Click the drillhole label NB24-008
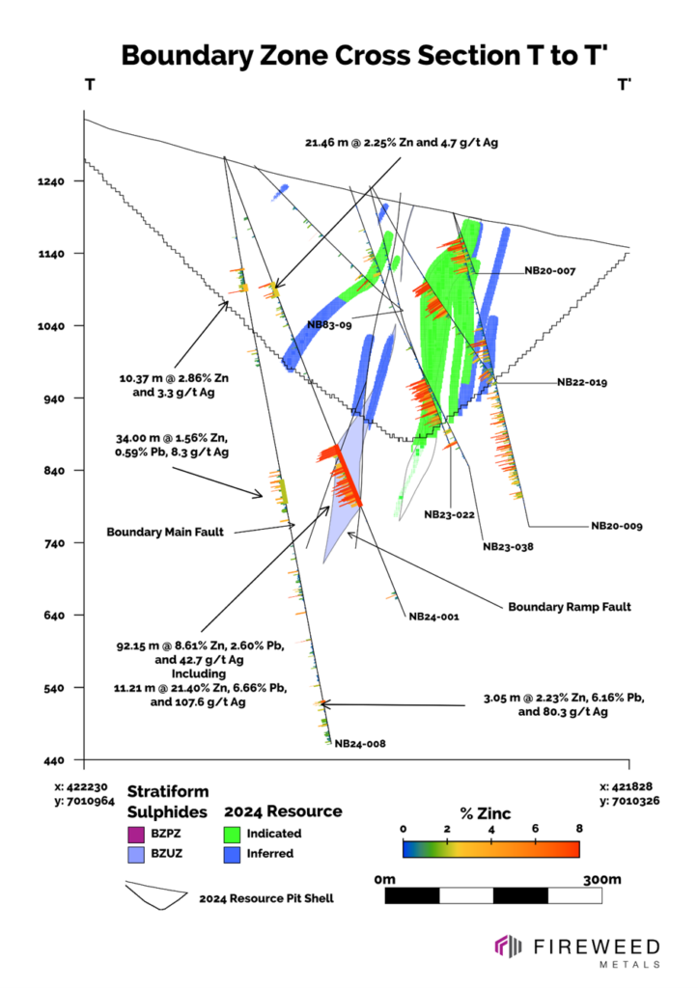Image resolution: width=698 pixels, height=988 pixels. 360,744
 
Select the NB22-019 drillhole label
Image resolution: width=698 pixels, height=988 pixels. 582,382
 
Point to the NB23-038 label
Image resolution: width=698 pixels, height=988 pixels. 509,546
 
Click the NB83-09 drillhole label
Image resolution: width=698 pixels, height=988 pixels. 329,325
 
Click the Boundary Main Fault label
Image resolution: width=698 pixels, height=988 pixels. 166,532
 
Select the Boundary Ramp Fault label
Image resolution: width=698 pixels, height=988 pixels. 570,607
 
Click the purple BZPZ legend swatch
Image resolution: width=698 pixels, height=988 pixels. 135,833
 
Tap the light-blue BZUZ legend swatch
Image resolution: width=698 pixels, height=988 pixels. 135,853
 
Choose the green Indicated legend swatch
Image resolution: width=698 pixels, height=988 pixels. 232,833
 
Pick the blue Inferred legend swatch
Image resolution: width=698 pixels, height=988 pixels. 232,853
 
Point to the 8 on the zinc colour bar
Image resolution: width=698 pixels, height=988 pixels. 578,829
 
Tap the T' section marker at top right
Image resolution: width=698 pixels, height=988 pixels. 625,85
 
